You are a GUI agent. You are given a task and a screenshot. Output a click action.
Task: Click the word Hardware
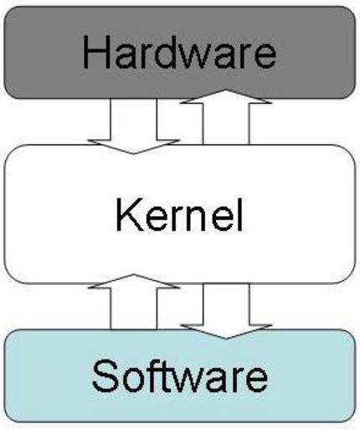tap(179, 52)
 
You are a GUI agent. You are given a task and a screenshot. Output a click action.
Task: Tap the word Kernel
tap(179, 214)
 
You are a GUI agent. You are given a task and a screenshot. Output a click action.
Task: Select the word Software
tap(180, 375)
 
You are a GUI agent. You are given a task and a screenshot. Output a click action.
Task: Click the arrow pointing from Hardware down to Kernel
tap(134, 126)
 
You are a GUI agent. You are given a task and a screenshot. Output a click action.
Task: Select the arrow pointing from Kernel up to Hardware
tap(226, 116)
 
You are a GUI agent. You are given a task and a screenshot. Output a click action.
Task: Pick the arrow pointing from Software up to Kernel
tap(134, 302)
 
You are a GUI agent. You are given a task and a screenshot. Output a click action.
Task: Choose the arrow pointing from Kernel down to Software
tap(226, 311)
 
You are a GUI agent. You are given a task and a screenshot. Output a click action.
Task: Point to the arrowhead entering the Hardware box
tap(226, 96)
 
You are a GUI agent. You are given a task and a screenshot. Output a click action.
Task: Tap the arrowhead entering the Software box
tap(226, 332)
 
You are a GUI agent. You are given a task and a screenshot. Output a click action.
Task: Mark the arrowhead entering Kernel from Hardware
tap(134, 147)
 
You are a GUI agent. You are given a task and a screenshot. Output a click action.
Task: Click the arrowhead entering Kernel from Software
tap(134, 281)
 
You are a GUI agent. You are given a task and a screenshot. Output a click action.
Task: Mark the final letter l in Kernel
tap(240, 214)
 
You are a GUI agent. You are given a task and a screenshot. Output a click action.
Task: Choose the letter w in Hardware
tap(192, 57)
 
